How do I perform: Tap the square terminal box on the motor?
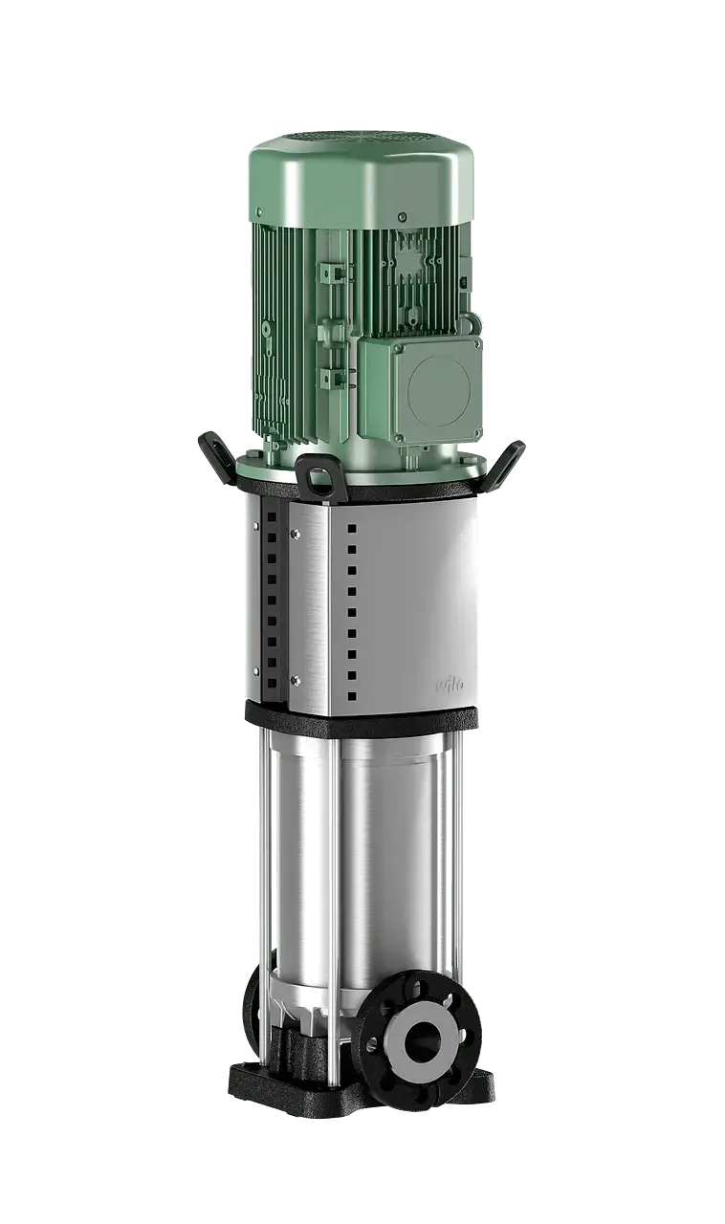[421, 382]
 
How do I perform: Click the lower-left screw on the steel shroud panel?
[294, 680]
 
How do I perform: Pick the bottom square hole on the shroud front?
[352, 697]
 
